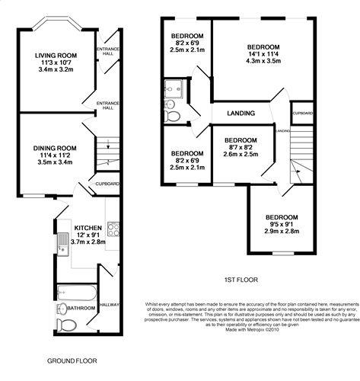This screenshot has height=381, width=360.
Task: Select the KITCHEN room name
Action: pos(88,228)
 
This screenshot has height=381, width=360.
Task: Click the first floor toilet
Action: pos(172,117)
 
